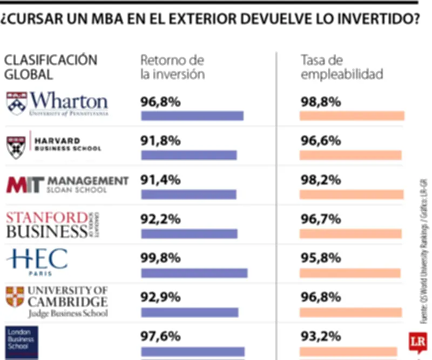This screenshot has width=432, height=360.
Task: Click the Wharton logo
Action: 57,104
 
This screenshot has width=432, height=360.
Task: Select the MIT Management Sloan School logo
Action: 67,184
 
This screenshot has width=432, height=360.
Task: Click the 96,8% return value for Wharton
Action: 160,102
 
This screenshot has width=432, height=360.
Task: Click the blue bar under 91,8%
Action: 188,156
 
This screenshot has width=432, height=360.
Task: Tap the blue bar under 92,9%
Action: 189,312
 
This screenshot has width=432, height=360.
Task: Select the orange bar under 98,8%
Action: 352,116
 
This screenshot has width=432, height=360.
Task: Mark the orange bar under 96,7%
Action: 350,234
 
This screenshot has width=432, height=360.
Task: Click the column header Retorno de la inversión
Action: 172,67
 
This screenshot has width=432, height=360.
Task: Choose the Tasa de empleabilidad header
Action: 341,67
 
